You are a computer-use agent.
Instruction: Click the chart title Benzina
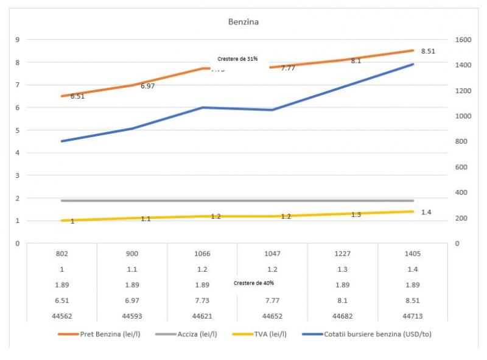click(243, 23)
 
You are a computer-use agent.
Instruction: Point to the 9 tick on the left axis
click(18, 40)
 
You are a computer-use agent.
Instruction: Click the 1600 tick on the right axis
click(463, 40)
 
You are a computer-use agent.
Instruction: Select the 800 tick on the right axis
click(461, 141)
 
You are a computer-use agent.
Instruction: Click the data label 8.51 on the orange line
click(428, 52)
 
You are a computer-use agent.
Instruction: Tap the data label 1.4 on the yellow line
click(426, 212)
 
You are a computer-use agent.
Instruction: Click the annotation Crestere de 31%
click(237, 59)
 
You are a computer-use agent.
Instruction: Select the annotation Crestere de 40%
click(254, 283)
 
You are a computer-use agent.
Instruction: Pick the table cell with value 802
click(62, 253)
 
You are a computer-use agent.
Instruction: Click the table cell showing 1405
click(413, 253)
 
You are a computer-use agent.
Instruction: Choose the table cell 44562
click(62, 316)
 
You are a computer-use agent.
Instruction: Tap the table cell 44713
click(413, 316)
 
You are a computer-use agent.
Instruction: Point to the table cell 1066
click(202, 253)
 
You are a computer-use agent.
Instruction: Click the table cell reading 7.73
click(202, 300)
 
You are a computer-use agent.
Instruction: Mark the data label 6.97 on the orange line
click(147, 86)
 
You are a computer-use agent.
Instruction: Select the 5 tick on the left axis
click(18, 130)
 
